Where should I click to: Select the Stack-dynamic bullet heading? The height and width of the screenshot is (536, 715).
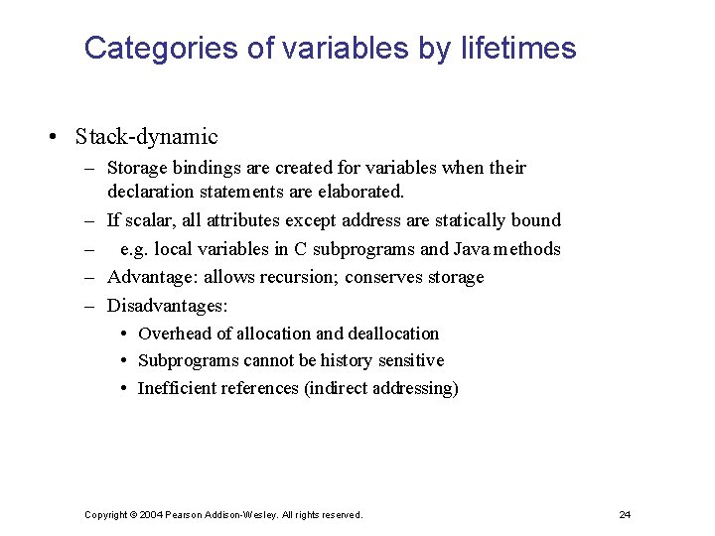tap(146, 137)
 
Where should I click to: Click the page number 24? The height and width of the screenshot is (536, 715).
tap(625, 514)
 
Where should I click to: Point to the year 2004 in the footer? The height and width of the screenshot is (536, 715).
tap(151, 514)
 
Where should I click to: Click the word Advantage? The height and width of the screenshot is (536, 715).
tap(150, 277)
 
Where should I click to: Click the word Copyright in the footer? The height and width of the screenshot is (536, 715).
tap(105, 514)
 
